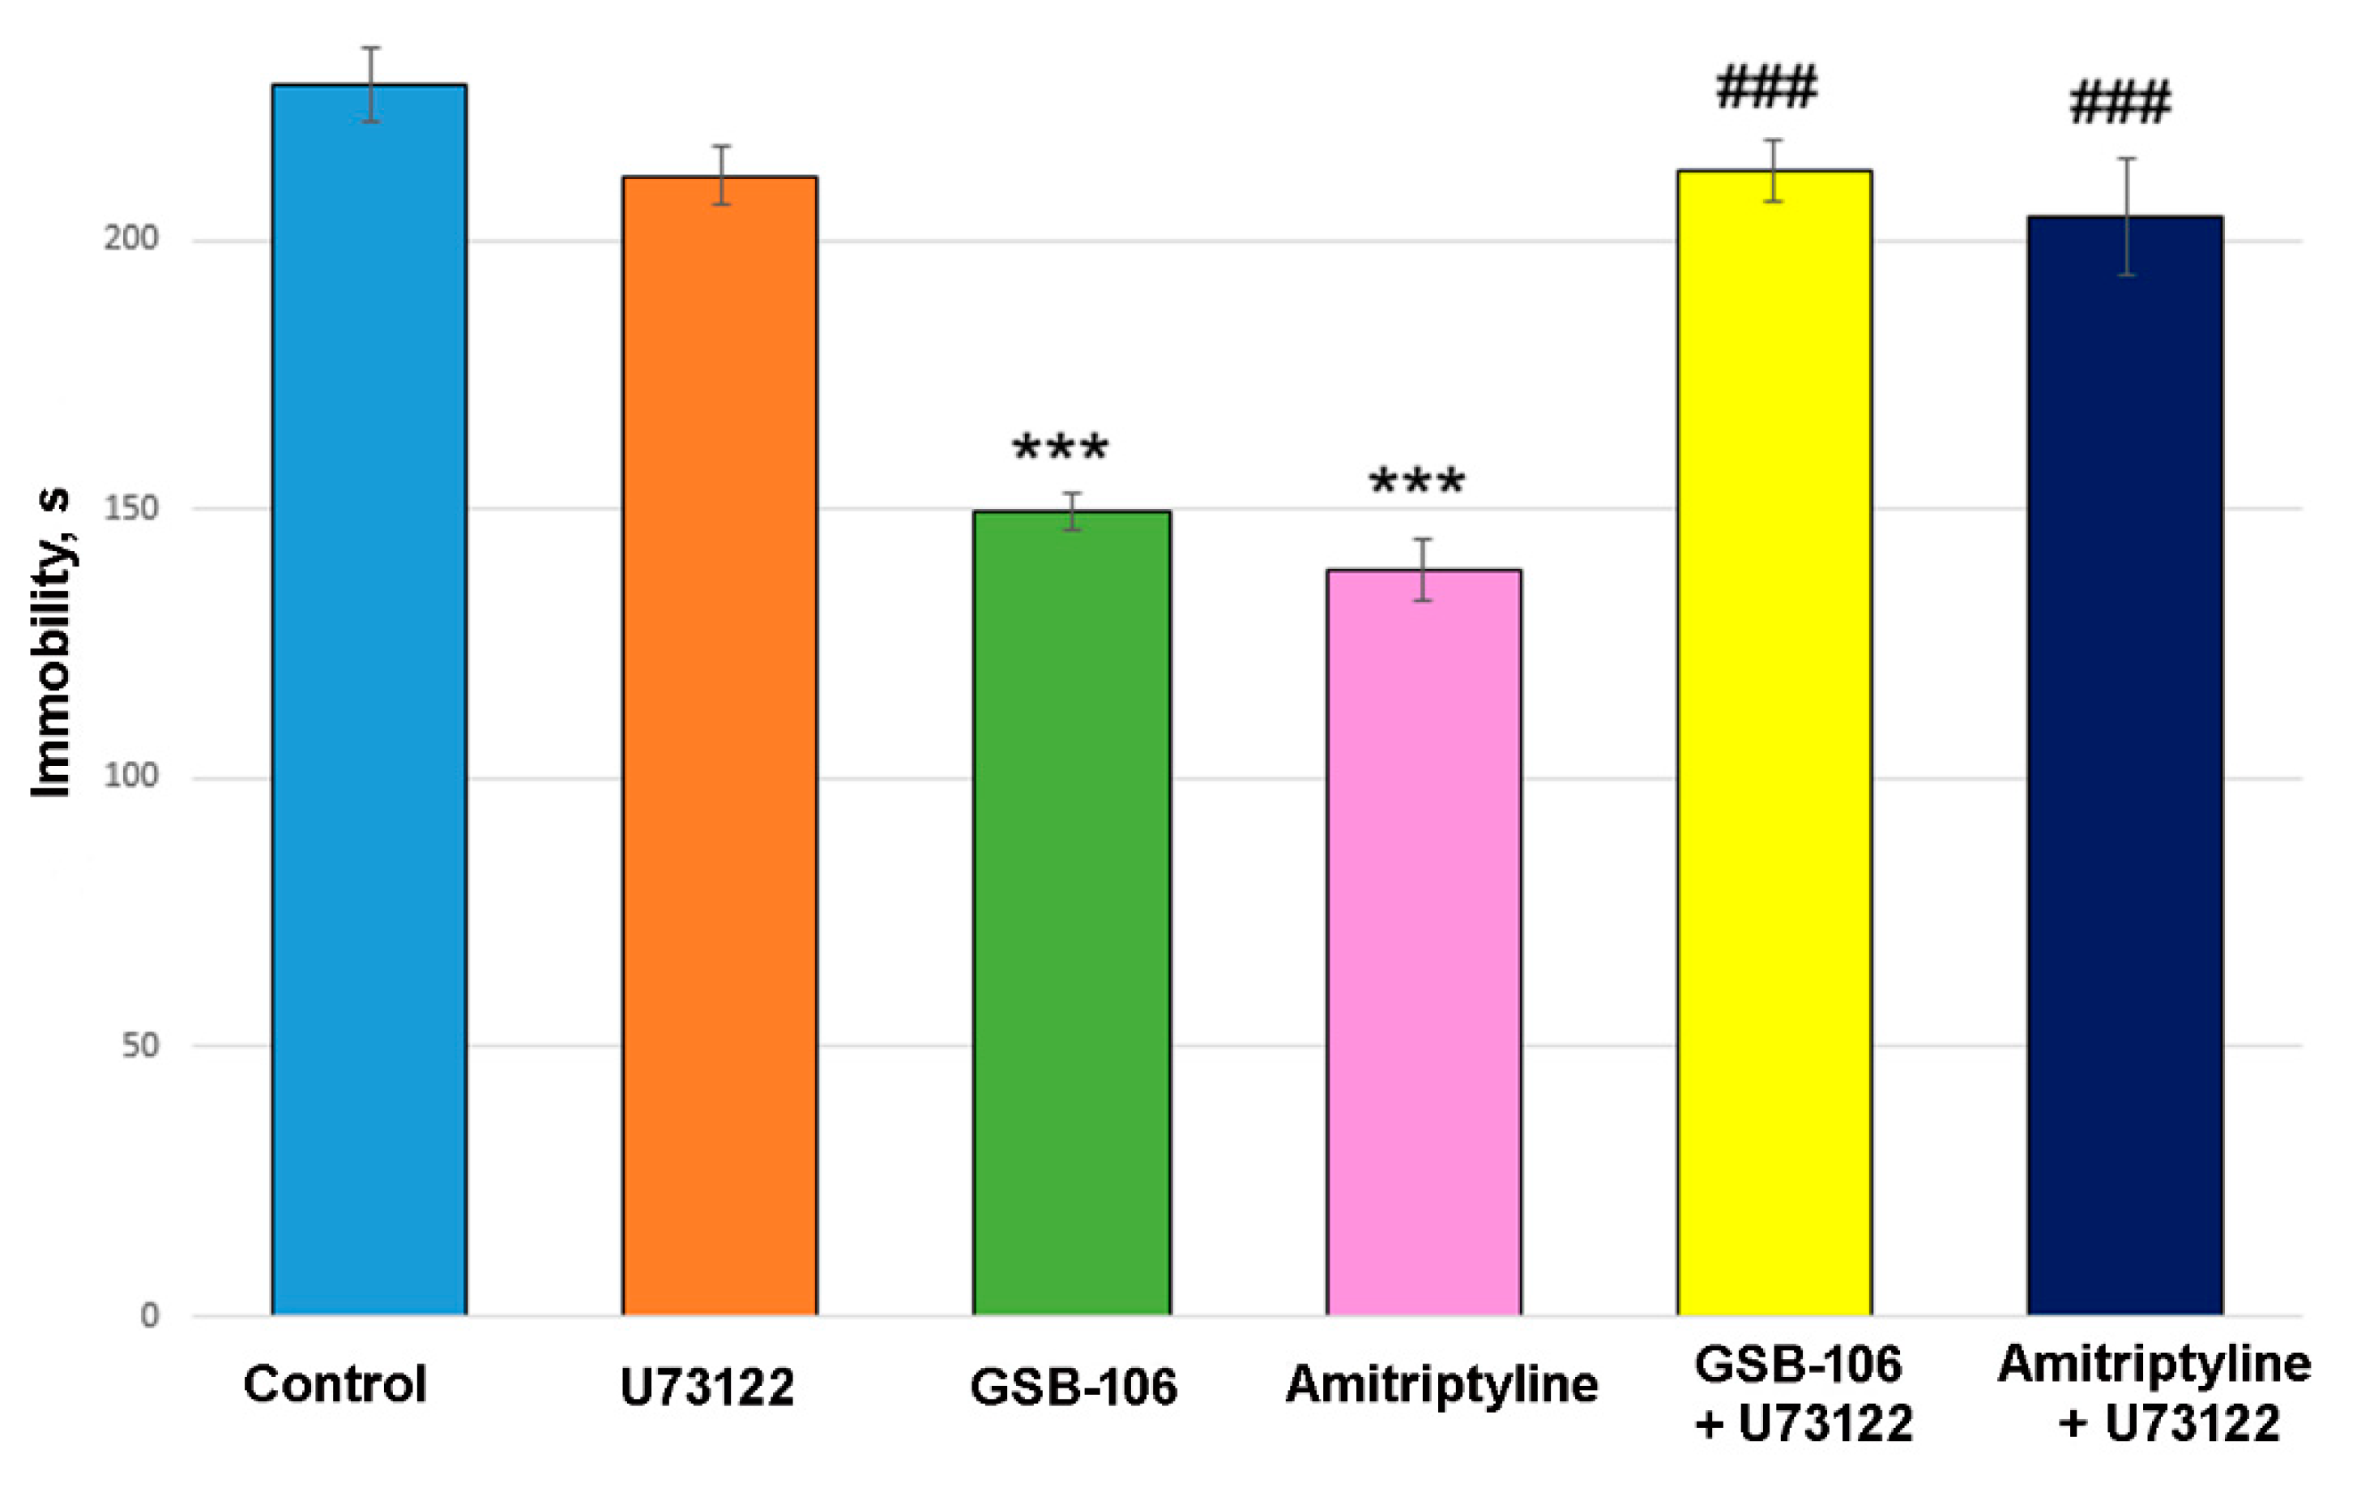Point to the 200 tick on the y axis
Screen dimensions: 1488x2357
click(131, 238)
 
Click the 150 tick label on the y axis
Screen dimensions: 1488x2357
click(131, 508)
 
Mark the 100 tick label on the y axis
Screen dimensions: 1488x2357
click(131, 776)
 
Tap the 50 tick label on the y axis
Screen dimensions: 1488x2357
click(140, 1045)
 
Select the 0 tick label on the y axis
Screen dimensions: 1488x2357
click(150, 1315)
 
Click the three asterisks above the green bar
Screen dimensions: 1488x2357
click(1060, 448)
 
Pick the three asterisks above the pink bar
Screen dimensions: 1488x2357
click(1416, 481)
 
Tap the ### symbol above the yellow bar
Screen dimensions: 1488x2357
click(1767, 88)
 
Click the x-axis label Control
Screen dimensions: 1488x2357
click(335, 1384)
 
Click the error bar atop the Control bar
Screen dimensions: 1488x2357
click(370, 84)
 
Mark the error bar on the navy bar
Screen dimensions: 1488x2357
click(2127, 216)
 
